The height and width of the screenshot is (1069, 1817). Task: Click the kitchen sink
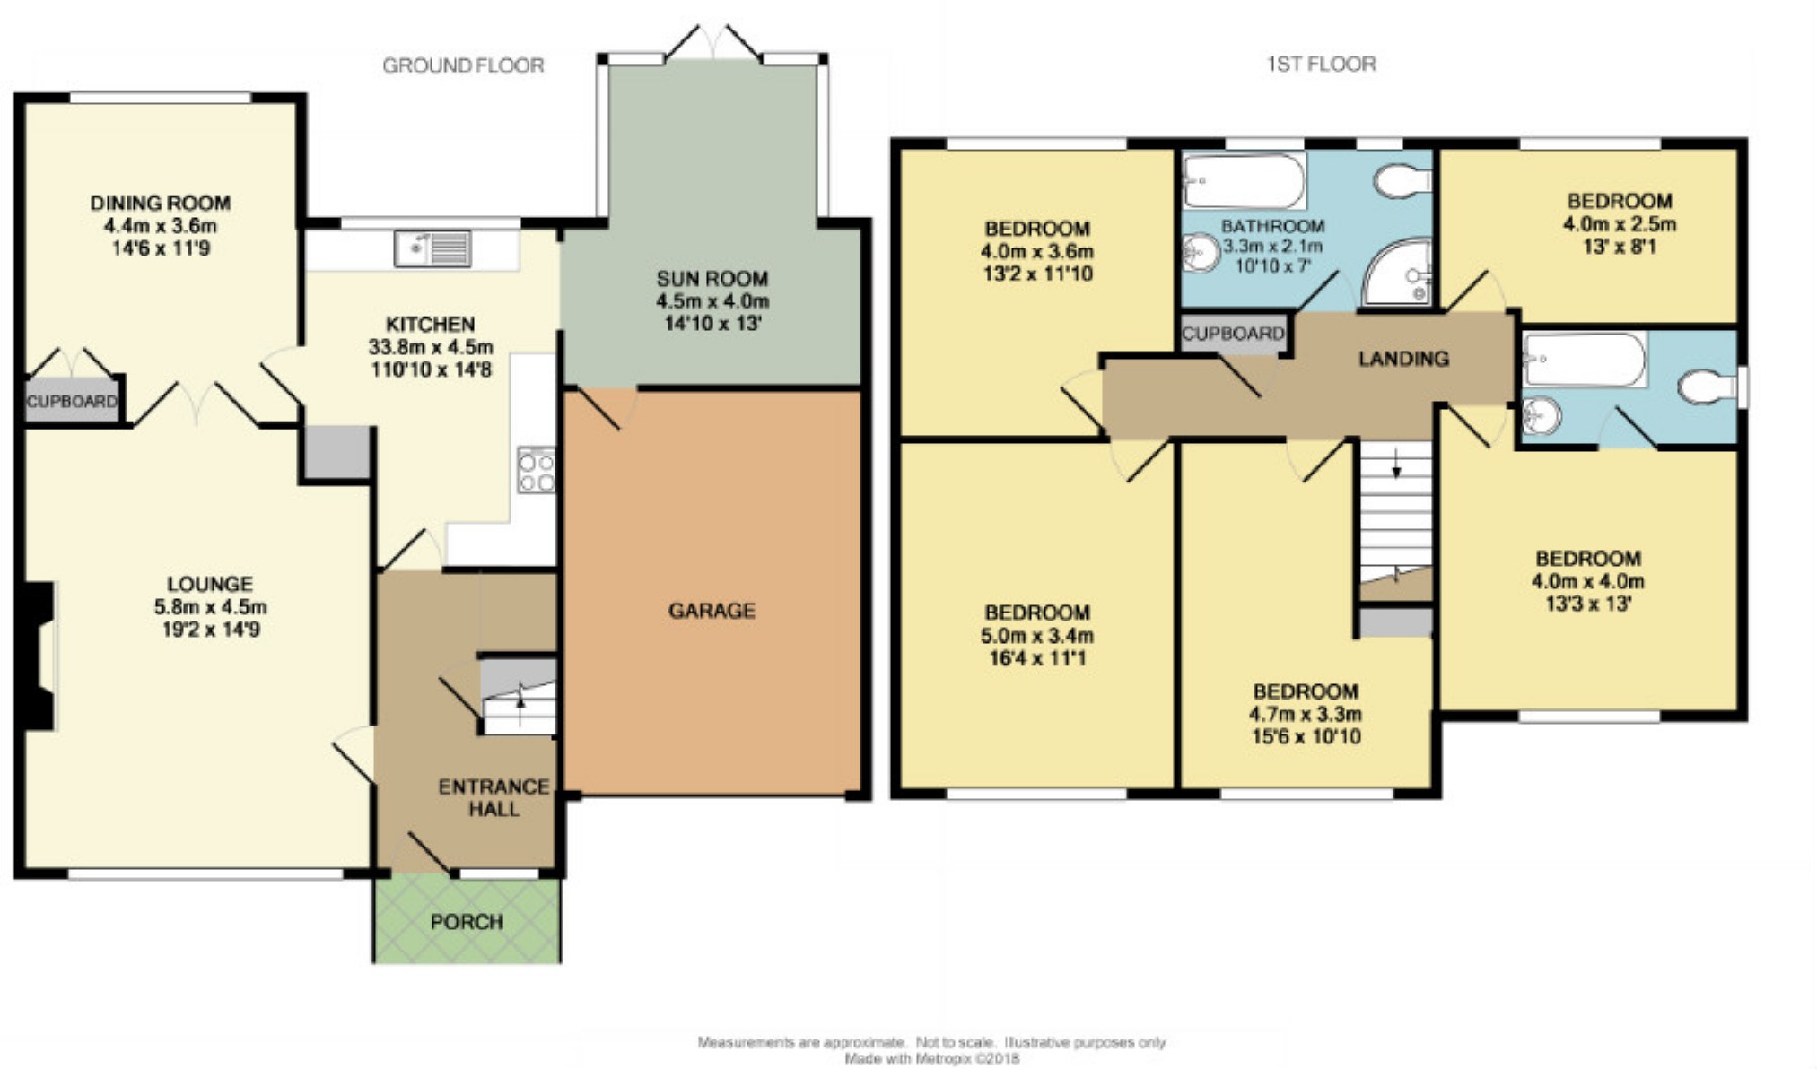432,248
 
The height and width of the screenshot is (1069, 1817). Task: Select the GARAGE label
712,611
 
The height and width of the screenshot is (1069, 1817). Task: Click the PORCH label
467,922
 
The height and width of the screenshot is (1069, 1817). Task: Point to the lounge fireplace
38,656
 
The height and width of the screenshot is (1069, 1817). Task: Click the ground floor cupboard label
72,401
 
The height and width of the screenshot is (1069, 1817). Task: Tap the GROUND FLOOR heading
463,65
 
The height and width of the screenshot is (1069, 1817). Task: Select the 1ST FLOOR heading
1321,64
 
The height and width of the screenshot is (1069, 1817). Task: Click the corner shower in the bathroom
1396,272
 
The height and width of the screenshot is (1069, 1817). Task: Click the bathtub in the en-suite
1585,360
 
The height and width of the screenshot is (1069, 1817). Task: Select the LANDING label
1403,359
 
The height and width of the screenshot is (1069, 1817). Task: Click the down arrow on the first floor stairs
1396,465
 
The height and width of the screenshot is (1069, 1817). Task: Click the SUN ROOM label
712,279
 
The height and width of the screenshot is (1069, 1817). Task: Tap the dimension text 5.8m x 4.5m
211,607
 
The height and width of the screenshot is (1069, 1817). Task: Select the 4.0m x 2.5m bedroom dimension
1620,223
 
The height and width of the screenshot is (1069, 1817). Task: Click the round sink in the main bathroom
1201,254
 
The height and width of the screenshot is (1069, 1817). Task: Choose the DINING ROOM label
161,204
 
